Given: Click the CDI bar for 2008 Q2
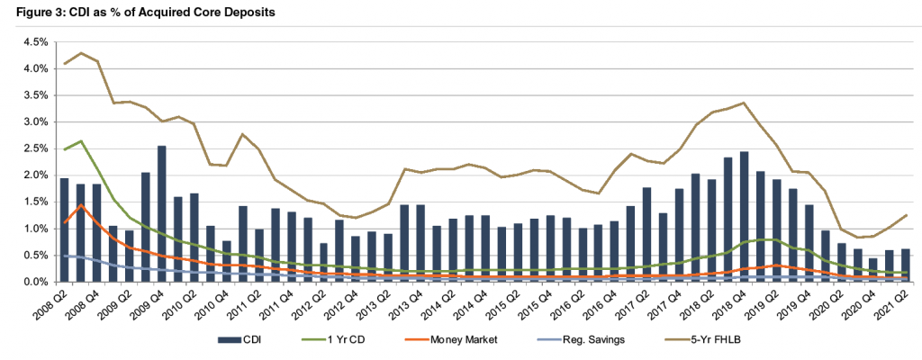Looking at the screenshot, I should pyautogui.click(x=65, y=230).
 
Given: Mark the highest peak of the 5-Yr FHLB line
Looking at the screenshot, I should pyautogui.click(x=81, y=53).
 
